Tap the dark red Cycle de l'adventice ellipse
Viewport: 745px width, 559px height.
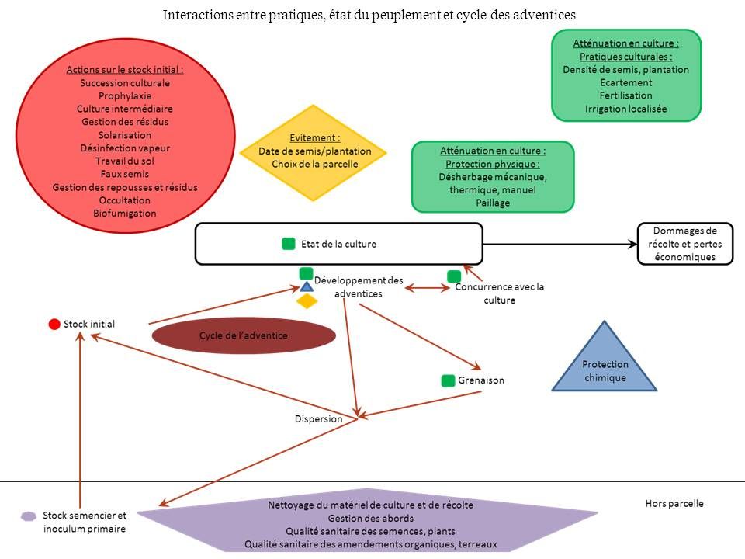(244, 335)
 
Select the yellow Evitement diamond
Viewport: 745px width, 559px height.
(314, 151)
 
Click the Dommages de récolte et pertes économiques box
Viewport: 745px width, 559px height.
(685, 244)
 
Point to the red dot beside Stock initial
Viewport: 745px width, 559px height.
(54, 324)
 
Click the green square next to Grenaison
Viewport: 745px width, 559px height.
(448, 380)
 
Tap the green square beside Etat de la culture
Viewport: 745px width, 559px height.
(289, 244)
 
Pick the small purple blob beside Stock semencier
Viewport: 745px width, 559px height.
(29, 516)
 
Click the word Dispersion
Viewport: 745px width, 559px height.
(318, 419)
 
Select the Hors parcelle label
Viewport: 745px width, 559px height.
(674, 503)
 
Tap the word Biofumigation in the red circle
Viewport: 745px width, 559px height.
(124, 213)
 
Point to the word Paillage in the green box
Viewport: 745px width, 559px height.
(492, 203)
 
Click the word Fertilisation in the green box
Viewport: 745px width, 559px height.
(625, 95)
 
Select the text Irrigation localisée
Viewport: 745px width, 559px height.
(625, 109)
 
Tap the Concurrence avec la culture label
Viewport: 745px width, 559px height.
(499, 293)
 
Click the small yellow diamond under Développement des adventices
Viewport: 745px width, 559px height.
(307, 301)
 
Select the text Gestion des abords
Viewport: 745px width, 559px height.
(371, 518)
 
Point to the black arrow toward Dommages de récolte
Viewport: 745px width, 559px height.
(559, 244)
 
